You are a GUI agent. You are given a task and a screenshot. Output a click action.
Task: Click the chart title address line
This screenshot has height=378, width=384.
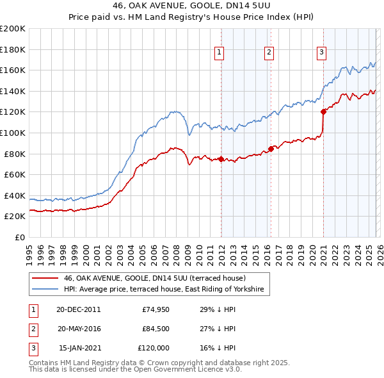coord(192,7)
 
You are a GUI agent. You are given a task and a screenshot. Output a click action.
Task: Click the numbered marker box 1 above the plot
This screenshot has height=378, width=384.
coord(220,53)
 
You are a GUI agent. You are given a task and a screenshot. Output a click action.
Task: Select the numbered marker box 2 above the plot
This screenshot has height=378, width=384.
coord(269,53)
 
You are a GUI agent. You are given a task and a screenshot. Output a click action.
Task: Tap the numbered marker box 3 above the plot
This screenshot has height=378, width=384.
coord(321,53)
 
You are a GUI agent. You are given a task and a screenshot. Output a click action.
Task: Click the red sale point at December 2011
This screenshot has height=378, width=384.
coord(221,159)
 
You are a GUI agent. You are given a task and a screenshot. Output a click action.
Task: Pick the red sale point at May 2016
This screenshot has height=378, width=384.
coord(271,149)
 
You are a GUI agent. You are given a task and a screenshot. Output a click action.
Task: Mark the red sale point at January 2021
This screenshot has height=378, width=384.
coord(323,111)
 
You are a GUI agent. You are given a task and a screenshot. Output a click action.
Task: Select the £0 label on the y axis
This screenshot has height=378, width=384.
coord(20,237)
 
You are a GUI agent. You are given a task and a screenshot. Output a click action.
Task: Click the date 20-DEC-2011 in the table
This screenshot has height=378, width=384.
coord(78,309)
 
